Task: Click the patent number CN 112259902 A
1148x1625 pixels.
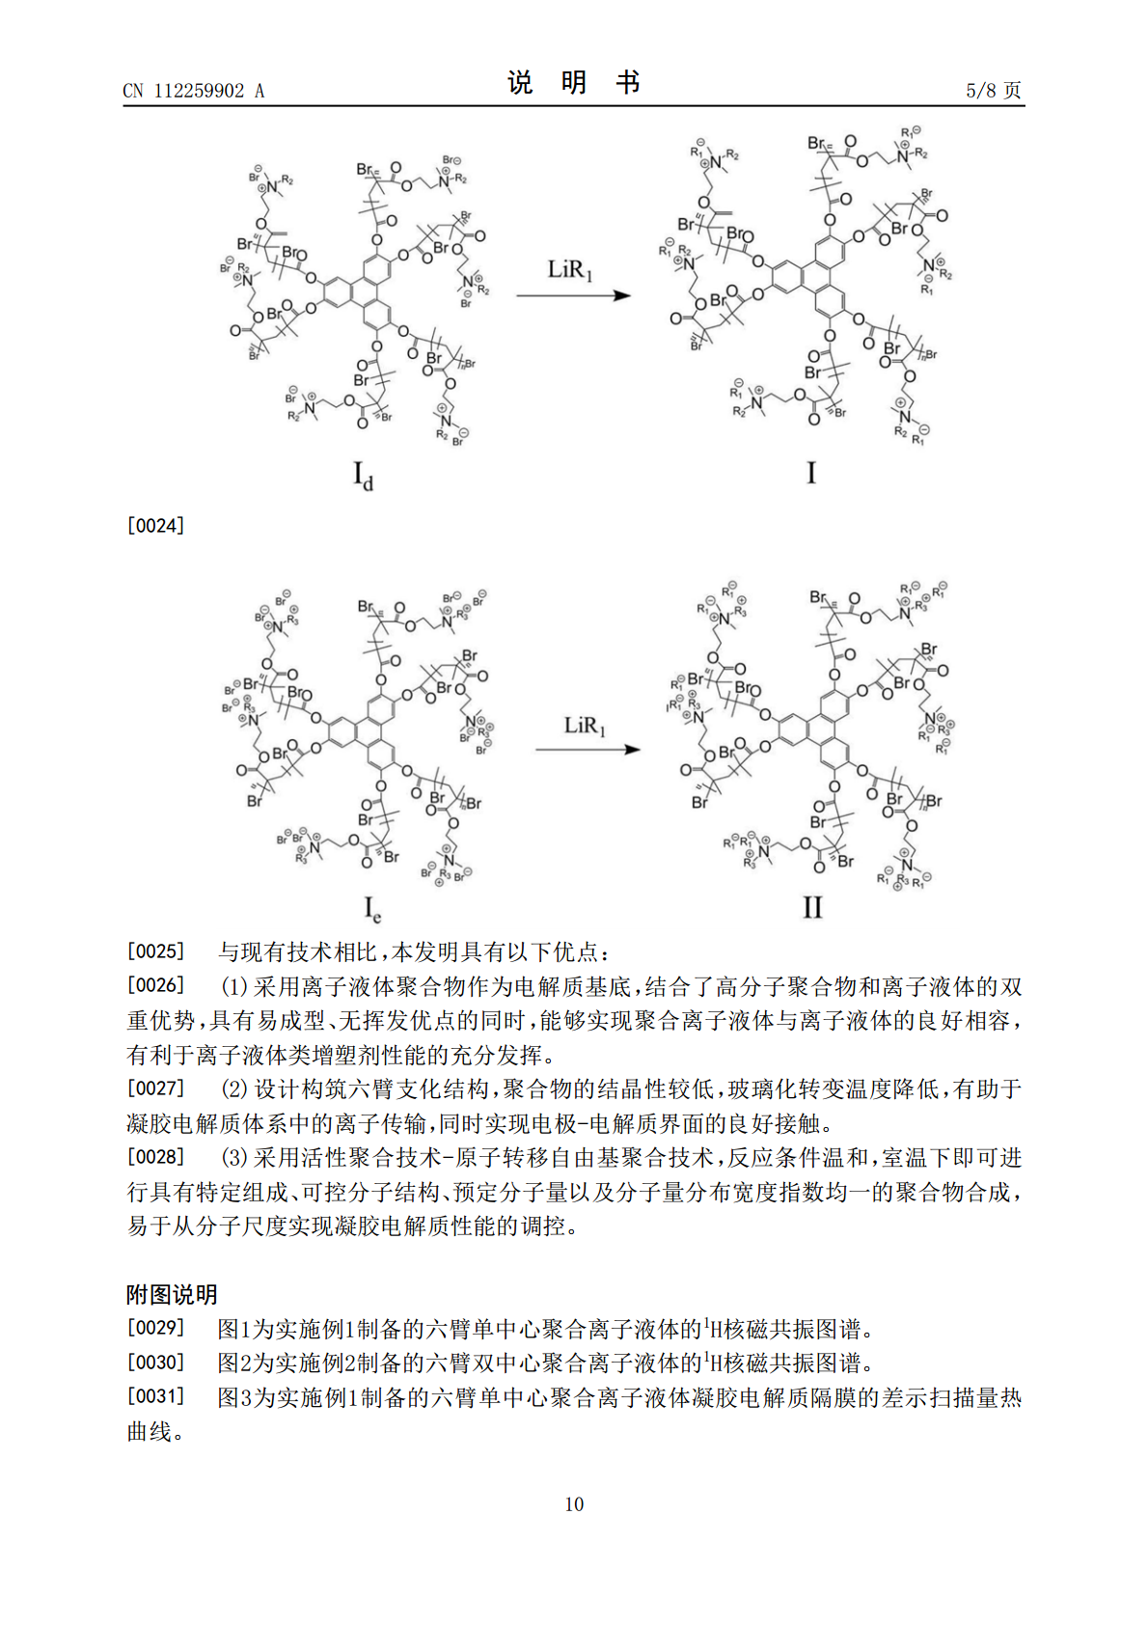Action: click(193, 91)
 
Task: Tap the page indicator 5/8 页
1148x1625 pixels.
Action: click(993, 91)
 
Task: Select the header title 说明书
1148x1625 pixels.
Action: click(573, 83)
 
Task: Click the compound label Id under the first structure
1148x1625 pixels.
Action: click(363, 476)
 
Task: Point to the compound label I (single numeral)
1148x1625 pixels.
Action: click(810, 473)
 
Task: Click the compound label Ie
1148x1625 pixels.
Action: click(371, 909)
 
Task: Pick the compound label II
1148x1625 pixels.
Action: click(812, 907)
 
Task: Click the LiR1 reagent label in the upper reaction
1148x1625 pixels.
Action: click(569, 270)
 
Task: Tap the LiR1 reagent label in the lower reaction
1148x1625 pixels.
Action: click(585, 726)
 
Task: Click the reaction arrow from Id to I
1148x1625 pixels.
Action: click(573, 295)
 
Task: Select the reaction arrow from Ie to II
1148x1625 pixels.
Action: click(588, 750)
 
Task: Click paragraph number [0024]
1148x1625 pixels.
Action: click(155, 526)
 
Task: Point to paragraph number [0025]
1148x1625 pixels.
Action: click(155, 951)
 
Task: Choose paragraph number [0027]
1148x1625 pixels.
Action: click(155, 1088)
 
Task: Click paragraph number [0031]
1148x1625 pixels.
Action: click(155, 1396)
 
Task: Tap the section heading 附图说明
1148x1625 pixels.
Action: click(172, 1294)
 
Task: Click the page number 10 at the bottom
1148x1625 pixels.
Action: click(574, 1504)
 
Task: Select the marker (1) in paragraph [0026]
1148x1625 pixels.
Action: click(234, 986)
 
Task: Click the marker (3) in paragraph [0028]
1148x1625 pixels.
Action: click(234, 1157)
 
